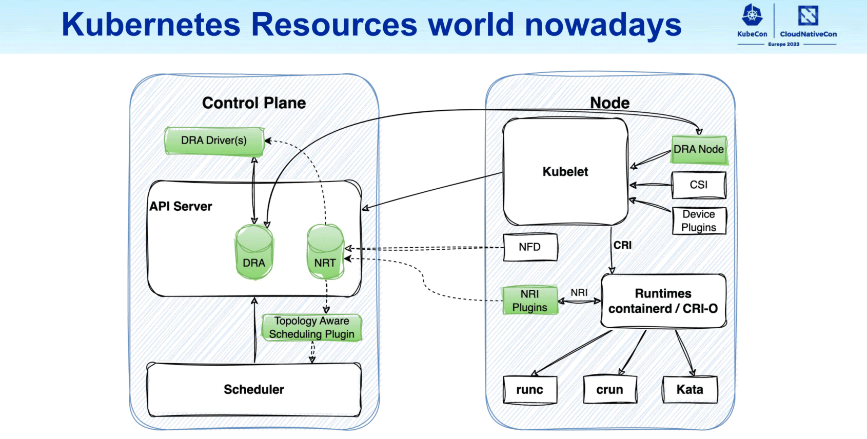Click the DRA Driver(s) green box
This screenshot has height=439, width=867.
214,141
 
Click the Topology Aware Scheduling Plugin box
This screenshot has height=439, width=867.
311,328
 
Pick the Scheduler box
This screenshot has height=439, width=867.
254,390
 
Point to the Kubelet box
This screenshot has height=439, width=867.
565,172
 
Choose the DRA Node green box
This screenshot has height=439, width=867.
699,149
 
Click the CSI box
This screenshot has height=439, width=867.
699,185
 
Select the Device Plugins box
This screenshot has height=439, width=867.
699,221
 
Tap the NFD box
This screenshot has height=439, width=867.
530,247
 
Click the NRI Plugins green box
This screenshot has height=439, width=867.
530,301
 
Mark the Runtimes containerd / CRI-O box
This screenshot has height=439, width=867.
663,301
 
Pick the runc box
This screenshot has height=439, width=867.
530,390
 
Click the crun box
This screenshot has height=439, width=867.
610,390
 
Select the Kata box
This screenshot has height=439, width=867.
690,390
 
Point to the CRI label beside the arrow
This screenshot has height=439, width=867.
623,245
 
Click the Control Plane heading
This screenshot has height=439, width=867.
254,103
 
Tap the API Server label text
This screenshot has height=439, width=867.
181,206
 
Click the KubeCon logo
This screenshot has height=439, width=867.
752,21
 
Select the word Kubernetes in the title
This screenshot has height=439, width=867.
151,25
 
